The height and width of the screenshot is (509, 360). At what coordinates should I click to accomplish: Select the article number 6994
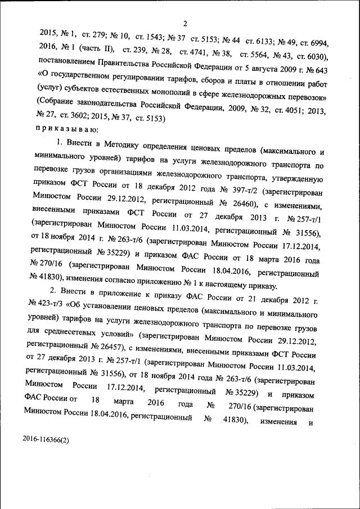[323, 43]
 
